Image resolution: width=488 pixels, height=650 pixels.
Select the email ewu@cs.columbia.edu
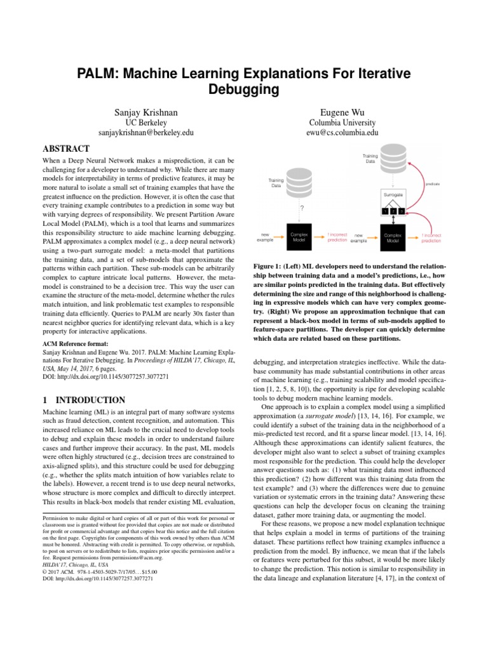click(342, 133)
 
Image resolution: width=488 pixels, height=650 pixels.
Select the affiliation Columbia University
click(342, 123)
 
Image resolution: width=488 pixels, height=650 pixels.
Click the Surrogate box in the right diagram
click(393, 192)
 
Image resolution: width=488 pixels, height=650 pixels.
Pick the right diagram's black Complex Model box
click(393, 237)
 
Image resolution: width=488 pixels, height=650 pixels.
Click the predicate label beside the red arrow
click(432, 184)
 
